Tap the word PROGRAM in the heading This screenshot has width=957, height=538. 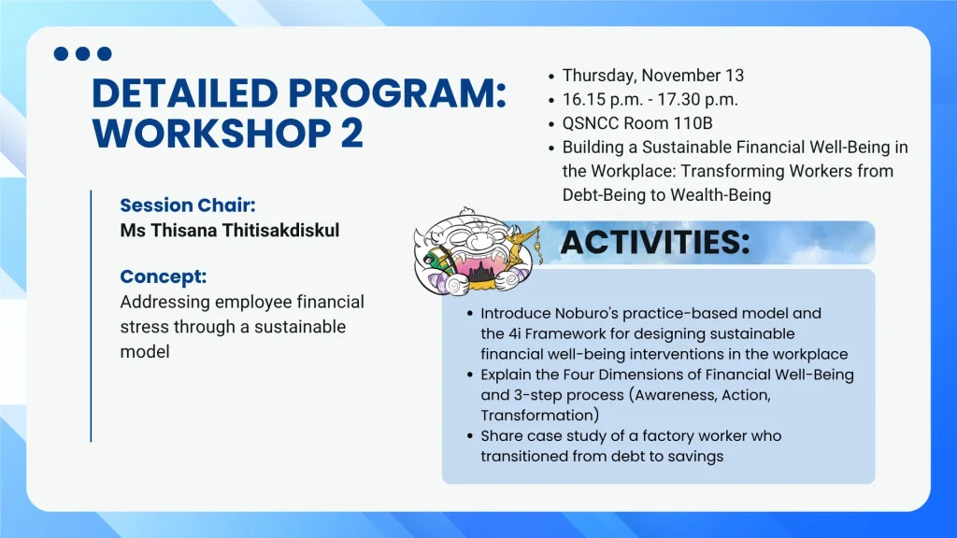point(396,93)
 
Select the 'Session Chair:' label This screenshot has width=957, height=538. point(187,205)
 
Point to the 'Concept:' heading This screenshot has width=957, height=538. point(164,276)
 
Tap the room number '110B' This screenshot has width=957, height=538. point(693,123)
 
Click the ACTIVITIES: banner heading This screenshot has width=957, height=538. point(655,242)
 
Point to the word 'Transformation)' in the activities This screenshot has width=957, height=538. point(540,416)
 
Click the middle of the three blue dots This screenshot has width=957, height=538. point(83,53)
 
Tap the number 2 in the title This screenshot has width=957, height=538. point(351,133)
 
